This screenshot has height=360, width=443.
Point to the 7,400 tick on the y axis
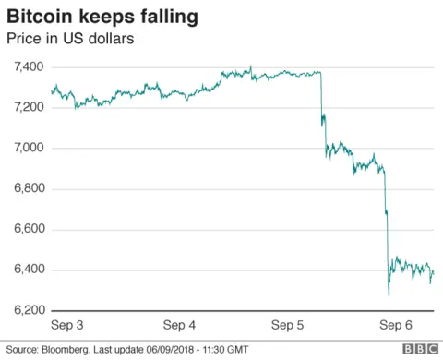click(x=30, y=67)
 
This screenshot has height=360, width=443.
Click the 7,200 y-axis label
click(x=30, y=108)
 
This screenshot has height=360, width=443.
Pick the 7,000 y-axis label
click(x=30, y=149)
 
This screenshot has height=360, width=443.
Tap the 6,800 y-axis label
click(x=30, y=189)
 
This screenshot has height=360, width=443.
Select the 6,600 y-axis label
click(x=30, y=230)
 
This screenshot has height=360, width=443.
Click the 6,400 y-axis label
click(x=30, y=270)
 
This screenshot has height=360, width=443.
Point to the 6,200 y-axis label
click(x=30, y=311)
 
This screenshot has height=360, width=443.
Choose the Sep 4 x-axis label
click(x=179, y=326)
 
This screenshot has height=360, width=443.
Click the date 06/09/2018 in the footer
click(x=180, y=350)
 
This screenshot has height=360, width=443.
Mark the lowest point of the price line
click(x=389, y=294)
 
